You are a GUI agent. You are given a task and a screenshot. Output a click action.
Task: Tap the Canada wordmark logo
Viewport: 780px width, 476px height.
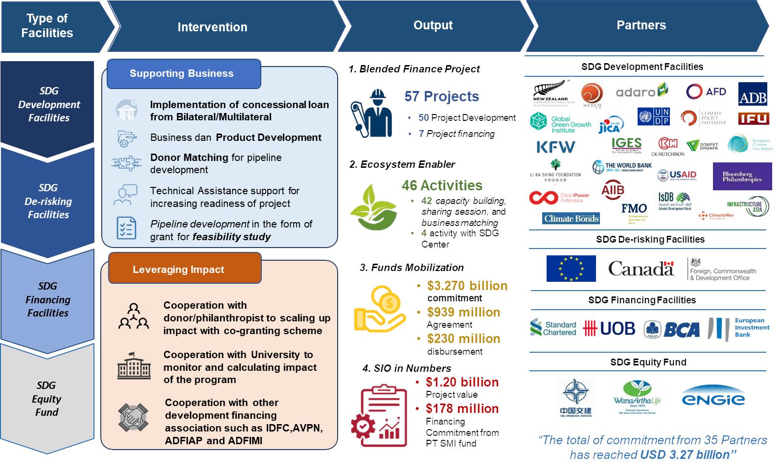[641, 269]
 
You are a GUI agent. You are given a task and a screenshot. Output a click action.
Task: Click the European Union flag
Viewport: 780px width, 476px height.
[571, 269]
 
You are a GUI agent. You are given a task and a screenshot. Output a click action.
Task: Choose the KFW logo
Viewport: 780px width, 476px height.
[555, 147]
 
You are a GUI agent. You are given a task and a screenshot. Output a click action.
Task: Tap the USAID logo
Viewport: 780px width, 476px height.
[677, 175]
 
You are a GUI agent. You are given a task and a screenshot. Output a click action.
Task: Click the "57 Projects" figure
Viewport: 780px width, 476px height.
[441, 96]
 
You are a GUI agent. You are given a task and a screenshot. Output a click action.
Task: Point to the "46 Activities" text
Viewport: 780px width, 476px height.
[442, 185]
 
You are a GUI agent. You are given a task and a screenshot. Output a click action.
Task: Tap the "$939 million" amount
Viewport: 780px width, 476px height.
[463, 312]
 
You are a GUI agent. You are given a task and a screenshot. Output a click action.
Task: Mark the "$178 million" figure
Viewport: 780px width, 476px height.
[462, 408]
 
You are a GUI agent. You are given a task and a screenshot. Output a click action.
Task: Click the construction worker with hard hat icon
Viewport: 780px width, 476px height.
[371, 113]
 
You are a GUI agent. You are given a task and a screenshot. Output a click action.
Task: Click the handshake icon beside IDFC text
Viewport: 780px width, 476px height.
[133, 417]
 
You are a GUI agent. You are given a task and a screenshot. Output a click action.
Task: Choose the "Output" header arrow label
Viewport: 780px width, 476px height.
[433, 25]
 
